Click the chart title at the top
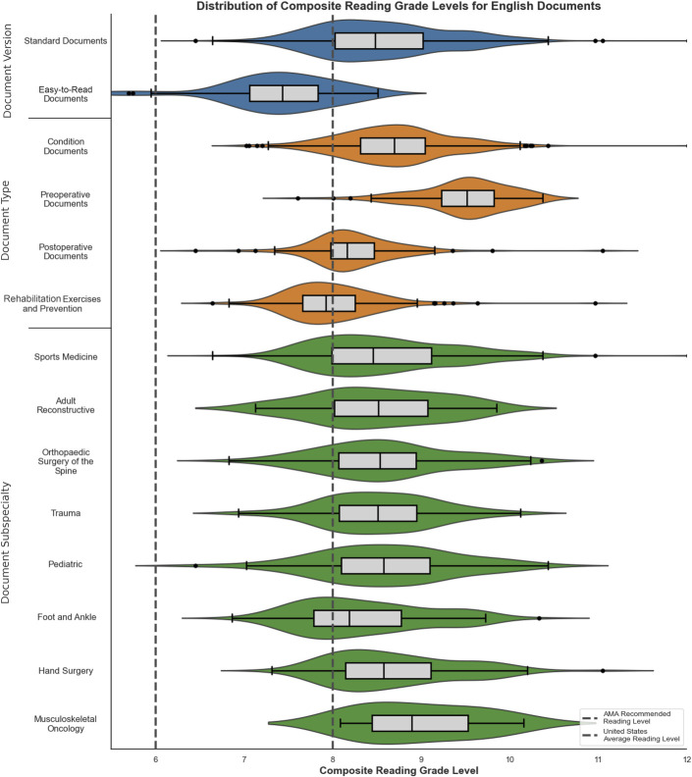pyautogui.click(x=399, y=6)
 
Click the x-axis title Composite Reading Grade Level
pyautogui.click(x=399, y=770)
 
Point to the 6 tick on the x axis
pyautogui.click(x=156, y=757)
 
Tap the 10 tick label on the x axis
pyautogui.click(x=509, y=757)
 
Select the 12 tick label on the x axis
pyautogui.click(x=686, y=757)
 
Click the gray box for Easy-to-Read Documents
pyautogui.click(x=284, y=94)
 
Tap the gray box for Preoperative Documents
pyautogui.click(x=467, y=198)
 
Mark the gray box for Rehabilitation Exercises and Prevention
pyautogui.click(x=329, y=302)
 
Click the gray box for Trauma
pyautogui.click(x=378, y=512)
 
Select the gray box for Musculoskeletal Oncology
pyautogui.click(x=420, y=723)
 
